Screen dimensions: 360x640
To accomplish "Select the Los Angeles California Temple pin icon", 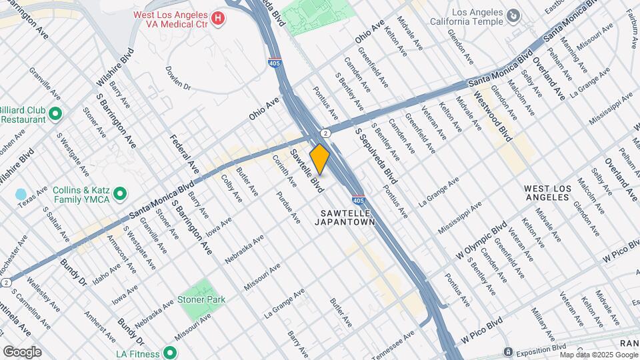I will tap(513, 15).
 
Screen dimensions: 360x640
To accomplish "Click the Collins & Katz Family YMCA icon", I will tap(120, 194).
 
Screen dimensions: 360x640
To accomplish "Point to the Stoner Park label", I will tap(201, 299).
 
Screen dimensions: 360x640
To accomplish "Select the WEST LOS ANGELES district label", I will tap(547, 193).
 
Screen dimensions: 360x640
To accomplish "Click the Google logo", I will tap(22, 351).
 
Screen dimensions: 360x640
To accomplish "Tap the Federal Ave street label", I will tap(185, 154).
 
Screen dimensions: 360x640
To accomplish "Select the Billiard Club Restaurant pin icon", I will tap(55, 114).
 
